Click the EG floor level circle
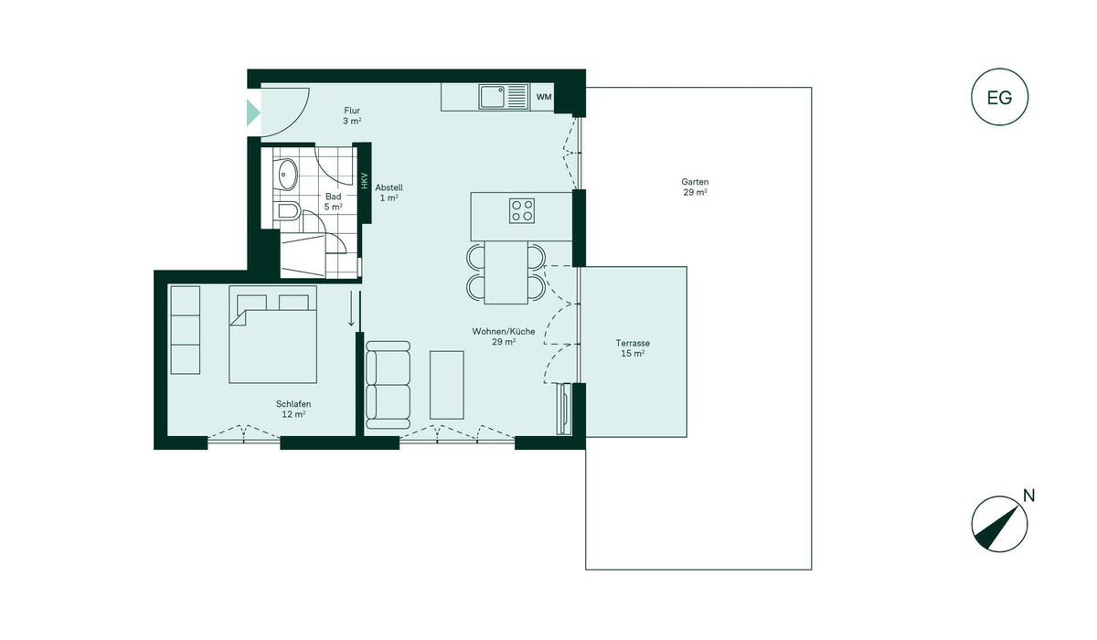999,70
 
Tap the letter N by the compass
1029,496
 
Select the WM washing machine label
544,97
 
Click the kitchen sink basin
492,97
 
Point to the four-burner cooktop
522,211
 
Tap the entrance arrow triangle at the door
252,112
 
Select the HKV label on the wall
365,181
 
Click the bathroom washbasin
287,175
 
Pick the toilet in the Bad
287,211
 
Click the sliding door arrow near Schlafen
351,308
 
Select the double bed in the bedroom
272,335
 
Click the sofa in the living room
388,385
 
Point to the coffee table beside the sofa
447,385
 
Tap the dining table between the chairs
506,272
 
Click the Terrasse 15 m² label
633,348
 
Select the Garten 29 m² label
695,187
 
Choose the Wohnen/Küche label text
504,332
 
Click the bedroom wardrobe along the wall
185,330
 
